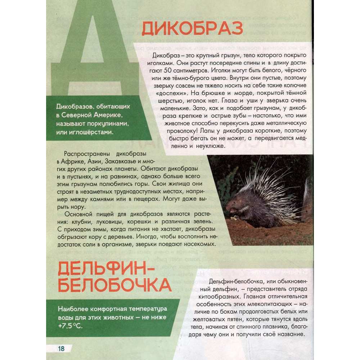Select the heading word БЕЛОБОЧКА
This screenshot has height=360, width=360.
pyautogui.click(x=114, y=285)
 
